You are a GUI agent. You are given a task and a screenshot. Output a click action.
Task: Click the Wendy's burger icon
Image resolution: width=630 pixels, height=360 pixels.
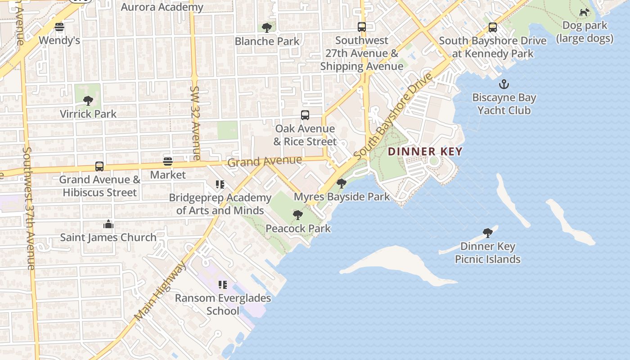[x=59, y=27]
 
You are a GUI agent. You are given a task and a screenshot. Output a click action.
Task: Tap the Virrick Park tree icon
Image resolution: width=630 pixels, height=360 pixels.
[x=88, y=100]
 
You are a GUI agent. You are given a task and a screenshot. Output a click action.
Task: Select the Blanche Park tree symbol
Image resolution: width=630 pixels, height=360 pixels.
[x=267, y=27]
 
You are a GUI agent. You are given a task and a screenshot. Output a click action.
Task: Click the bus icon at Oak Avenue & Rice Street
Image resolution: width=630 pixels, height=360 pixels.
[x=305, y=115]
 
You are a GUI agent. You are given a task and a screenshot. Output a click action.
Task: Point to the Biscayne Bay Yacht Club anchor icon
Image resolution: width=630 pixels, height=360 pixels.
[x=504, y=84]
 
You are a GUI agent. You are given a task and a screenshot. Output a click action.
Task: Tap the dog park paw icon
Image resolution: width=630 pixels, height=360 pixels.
[x=584, y=12]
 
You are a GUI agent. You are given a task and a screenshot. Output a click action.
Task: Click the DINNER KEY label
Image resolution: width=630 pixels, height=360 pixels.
[x=425, y=152]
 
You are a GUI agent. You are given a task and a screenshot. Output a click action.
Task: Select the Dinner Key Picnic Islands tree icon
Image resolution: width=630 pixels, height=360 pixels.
[x=487, y=233]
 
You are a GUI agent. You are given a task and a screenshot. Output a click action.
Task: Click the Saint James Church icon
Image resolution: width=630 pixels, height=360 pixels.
[x=108, y=224]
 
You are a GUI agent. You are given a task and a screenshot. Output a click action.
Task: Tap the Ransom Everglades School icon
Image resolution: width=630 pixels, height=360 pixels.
[x=222, y=284]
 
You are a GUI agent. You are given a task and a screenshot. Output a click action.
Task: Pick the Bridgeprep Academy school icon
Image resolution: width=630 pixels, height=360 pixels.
[x=220, y=184]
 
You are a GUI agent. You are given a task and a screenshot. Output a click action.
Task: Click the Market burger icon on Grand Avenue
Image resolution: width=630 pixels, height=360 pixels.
[x=168, y=161]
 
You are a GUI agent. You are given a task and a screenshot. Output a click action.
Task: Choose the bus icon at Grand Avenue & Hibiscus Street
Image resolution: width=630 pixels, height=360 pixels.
[x=99, y=166]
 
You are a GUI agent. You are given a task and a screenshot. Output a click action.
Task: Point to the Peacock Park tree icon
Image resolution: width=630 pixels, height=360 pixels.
[x=297, y=215]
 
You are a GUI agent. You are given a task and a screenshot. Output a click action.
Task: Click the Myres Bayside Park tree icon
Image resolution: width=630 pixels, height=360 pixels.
[x=342, y=183]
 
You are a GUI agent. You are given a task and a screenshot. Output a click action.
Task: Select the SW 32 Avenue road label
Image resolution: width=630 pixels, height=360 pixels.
[x=195, y=123]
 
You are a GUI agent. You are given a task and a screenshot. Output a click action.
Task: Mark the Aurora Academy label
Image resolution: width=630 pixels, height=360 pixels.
[x=162, y=7]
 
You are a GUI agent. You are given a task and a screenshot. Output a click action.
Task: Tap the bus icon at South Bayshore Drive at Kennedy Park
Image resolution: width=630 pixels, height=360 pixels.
[x=493, y=27]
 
